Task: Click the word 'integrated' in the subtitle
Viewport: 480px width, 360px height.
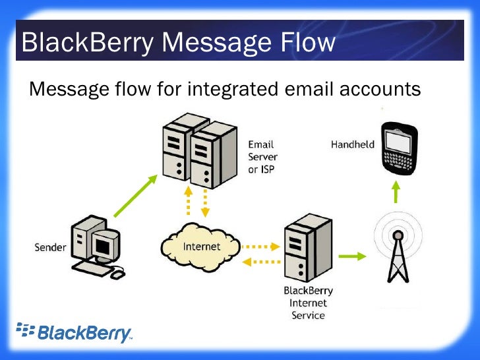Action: pos(221,88)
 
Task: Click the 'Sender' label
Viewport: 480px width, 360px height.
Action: pos(50,247)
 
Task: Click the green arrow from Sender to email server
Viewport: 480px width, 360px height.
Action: pos(136,196)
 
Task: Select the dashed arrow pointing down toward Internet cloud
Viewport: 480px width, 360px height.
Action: pos(205,204)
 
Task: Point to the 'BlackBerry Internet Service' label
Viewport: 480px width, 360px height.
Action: pos(308,303)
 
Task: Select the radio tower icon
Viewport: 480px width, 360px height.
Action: pos(397,253)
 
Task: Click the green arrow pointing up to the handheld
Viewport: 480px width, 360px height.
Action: pos(396,193)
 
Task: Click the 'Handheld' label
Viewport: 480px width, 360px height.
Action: pos(353,144)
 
